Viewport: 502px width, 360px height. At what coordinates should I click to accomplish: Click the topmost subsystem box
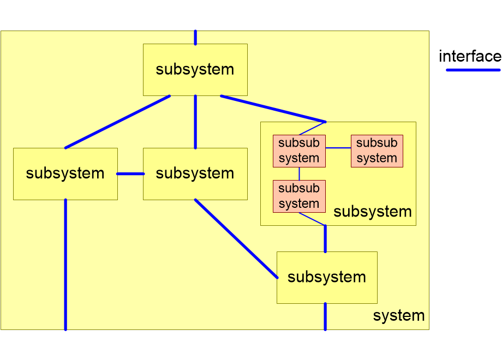195,70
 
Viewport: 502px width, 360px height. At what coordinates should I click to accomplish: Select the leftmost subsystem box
65,173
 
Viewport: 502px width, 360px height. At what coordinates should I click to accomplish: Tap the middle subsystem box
195,173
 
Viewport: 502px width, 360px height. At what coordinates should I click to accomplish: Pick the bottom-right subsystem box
326,277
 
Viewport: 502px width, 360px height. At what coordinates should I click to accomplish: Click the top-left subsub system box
299,151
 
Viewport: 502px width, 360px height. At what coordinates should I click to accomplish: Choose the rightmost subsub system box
376,151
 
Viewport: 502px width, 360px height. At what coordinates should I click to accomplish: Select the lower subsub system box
299,196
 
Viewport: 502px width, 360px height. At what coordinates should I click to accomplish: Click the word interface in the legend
469,56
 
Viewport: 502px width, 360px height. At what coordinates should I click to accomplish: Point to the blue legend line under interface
473,70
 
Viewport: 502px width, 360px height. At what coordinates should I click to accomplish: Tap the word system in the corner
398,315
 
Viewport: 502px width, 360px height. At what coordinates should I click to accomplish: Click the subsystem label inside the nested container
372,212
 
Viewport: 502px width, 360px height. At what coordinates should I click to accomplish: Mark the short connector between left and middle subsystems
130,173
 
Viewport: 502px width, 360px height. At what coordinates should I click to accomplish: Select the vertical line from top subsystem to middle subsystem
195,122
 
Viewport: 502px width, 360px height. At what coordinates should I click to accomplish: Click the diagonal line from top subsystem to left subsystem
117,122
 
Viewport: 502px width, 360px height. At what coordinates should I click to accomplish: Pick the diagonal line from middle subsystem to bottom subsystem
236,238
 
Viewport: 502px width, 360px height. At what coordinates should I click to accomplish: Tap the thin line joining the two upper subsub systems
338,148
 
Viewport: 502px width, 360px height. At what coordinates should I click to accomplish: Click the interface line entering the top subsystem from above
195,37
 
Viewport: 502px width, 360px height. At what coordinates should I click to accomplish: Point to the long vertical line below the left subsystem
65,265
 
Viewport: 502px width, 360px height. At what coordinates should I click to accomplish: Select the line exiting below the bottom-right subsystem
325,316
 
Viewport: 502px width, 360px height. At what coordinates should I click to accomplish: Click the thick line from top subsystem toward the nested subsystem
273,109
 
